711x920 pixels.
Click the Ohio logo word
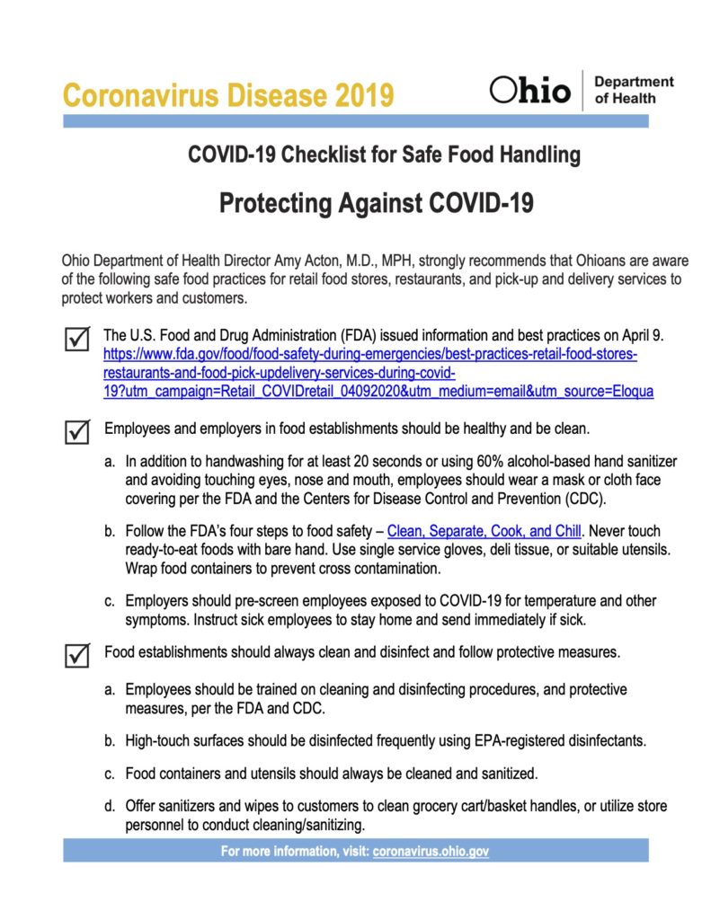pyautogui.click(x=530, y=91)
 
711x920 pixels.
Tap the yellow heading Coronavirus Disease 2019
pyautogui.click(x=228, y=94)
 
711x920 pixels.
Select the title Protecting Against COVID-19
pyautogui.click(x=377, y=204)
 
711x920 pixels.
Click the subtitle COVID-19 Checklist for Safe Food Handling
pyautogui.click(x=384, y=155)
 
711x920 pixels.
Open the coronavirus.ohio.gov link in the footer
pyautogui.click(x=431, y=851)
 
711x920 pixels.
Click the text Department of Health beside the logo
pyautogui.click(x=634, y=90)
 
